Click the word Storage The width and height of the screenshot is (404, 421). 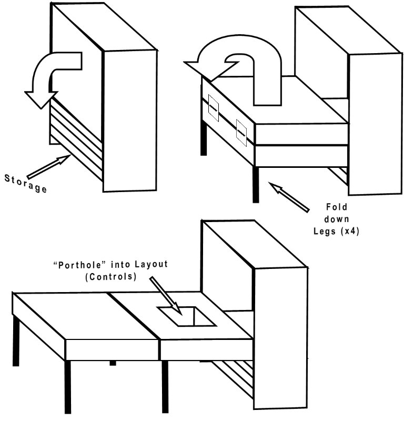[25, 182]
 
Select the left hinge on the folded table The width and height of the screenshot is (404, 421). [213, 107]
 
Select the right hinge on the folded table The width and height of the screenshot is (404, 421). [241, 131]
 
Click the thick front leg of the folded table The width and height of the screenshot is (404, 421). [256, 184]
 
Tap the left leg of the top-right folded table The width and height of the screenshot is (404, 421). [202, 140]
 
